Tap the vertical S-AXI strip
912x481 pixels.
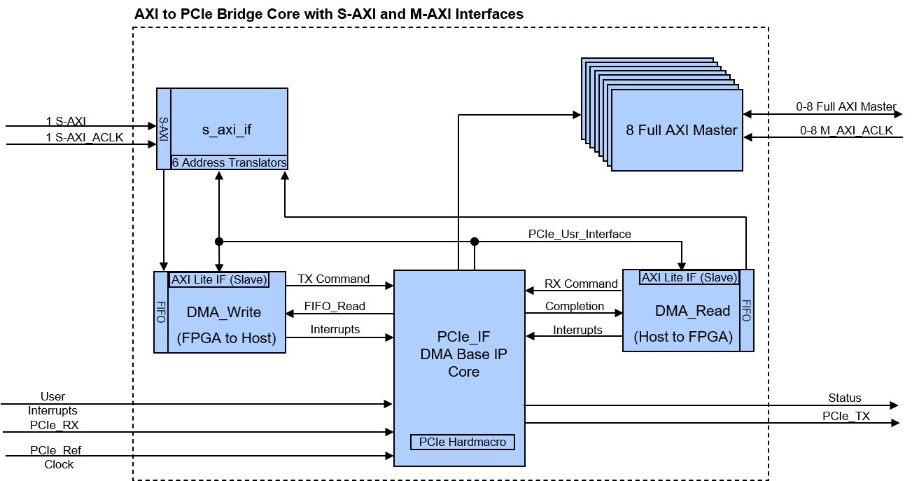164,129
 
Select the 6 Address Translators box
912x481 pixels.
229,162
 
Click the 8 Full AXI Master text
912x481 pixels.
681,130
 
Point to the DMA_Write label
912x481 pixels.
224,312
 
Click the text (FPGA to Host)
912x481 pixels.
226,338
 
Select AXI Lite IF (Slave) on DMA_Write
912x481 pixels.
219,279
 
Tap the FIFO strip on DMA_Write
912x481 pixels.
161,312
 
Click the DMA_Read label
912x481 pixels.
692,311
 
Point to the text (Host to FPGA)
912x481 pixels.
683,337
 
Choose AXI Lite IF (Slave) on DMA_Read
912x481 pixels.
689,277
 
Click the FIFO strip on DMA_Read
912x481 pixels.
746,310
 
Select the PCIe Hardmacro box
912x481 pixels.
463,442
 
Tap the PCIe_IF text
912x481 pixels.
463,337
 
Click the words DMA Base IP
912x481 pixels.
463,354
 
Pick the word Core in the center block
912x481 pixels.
463,371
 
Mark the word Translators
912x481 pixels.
256,162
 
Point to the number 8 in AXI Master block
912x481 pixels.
630,130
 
